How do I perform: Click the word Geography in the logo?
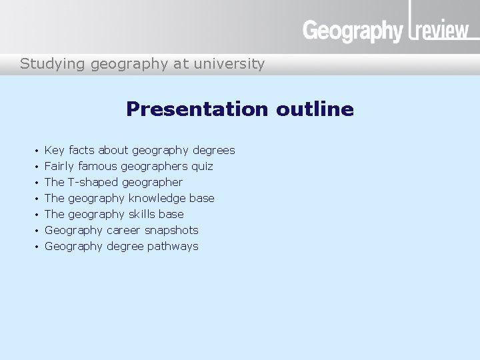(x=353, y=31)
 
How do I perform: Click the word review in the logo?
(x=444, y=31)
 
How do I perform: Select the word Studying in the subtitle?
(x=45, y=64)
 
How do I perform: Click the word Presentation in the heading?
(x=197, y=109)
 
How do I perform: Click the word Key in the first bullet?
(x=54, y=150)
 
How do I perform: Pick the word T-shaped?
(x=93, y=182)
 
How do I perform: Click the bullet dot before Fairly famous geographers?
(x=37, y=167)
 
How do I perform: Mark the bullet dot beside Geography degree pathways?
(x=37, y=247)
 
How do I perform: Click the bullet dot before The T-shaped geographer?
(x=37, y=183)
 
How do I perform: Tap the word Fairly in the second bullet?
(x=59, y=166)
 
